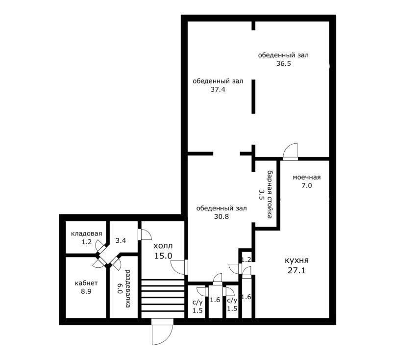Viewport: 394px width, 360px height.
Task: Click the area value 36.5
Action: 283,63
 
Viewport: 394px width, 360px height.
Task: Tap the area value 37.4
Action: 218,89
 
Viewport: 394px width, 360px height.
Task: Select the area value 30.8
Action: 222,216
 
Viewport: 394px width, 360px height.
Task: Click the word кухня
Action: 296,260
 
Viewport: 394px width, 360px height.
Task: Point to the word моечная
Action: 307,178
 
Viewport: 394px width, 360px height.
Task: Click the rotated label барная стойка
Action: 270,194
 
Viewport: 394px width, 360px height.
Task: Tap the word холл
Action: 163,246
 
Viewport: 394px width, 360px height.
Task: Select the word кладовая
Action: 86,234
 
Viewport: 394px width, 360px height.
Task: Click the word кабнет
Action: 86,283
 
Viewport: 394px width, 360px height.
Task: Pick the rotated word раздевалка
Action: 128,288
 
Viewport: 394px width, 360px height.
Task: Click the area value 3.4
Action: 121,240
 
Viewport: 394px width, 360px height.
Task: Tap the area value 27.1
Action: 296,271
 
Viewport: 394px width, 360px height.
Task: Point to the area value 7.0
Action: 307,186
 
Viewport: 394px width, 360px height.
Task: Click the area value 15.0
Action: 163,256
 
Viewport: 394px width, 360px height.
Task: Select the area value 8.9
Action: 86,291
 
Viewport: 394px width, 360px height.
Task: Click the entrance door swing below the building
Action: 163,332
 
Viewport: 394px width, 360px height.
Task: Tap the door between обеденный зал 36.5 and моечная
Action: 290,152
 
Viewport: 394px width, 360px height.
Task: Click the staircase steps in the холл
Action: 163,299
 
